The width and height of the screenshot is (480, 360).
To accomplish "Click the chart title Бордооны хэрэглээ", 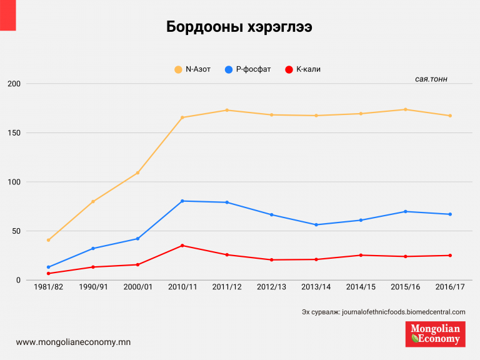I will click(239, 27).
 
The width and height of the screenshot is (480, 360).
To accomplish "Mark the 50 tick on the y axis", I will click(15, 231).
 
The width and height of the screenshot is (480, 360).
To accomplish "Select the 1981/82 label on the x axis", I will click(48, 288).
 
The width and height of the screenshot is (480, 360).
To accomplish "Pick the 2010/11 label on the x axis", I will click(182, 288).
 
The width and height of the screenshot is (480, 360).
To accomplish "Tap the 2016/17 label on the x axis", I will click(450, 288).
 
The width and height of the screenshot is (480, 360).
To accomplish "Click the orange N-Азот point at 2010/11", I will click(182, 117).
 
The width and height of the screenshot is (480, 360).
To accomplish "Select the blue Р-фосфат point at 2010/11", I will click(182, 201).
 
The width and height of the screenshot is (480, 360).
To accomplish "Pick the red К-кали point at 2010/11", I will click(182, 246).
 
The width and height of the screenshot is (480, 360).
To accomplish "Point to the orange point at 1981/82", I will click(48, 240).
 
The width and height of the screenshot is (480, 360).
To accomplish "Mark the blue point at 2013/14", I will click(316, 224).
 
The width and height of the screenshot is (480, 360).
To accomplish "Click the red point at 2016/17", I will click(450, 255).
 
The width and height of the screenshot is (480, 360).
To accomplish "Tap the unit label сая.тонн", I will click(431, 80).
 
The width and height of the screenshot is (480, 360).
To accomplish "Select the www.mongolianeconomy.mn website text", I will click(73, 342).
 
